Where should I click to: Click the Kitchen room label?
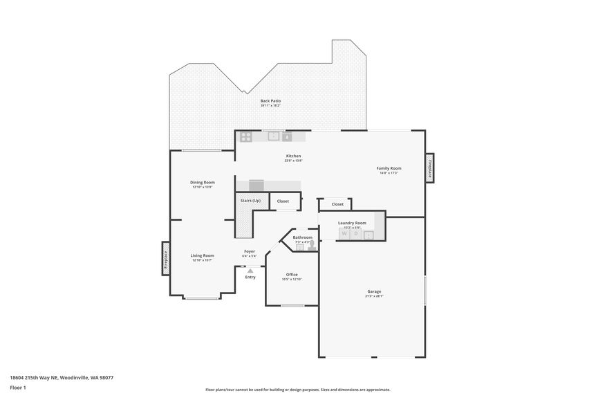click(x=294, y=156)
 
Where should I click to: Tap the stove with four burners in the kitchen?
click(x=246, y=136)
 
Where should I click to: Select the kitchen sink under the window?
click(x=274, y=136)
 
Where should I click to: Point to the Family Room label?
click(x=389, y=168)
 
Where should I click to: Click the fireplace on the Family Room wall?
click(x=429, y=168)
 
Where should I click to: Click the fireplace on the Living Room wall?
click(x=166, y=258)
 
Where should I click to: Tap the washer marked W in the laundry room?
click(x=344, y=234)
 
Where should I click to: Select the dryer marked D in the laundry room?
click(x=356, y=234)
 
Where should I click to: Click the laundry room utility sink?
click(x=369, y=235)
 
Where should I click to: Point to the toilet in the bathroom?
click(x=312, y=244)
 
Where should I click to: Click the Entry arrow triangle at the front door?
click(x=250, y=271)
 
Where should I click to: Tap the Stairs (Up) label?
click(x=250, y=201)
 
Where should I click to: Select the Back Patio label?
click(x=270, y=101)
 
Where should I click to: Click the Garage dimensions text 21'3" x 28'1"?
click(x=374, y=296)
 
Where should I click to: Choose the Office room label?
click(x=292, y=275)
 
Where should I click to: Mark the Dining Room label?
click(x=203, y=182)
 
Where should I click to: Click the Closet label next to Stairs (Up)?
click(x=283, y=201)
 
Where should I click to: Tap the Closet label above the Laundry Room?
click(x=337, y=204)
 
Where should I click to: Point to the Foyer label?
click(x=250, y=251)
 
